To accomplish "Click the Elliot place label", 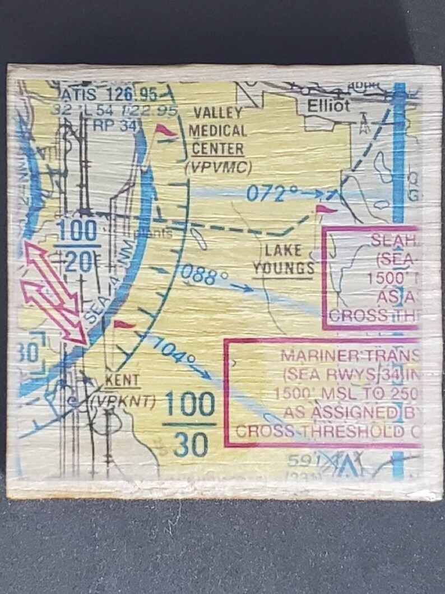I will click(328, 105).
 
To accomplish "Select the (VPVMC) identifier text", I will click(218, 167).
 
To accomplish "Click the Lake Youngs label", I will click(284, 259).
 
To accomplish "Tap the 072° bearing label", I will click(272, 194).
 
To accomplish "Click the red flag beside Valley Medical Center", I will click(165, 130).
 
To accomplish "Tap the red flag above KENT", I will click(124, 325).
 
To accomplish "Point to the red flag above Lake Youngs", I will click(326, 209).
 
